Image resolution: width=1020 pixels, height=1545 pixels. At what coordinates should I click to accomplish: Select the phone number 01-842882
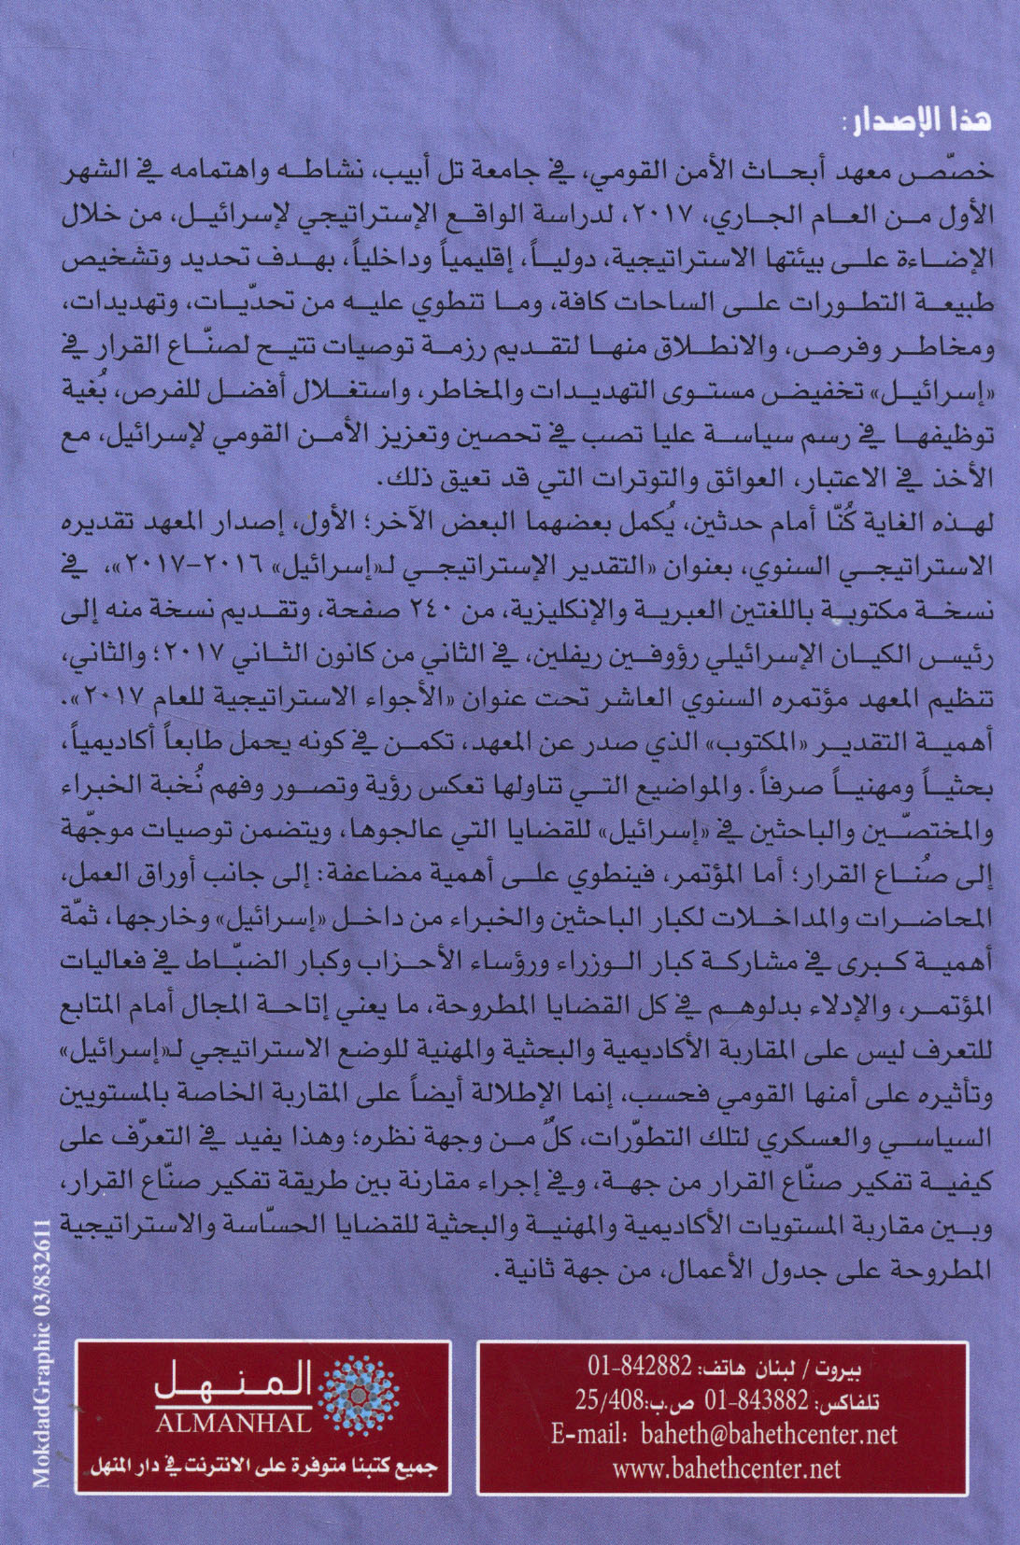(x=639, y=1367)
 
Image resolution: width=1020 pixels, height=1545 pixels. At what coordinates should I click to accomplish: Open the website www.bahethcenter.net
(x=726, y=1468)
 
